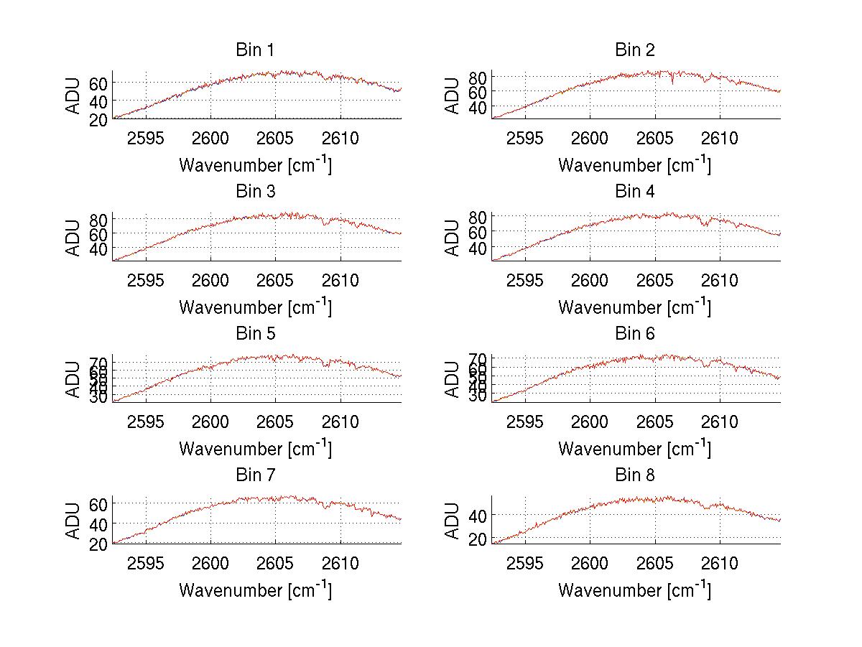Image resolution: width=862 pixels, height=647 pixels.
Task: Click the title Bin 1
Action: (x=254, y=50)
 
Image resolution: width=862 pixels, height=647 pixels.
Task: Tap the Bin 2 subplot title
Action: (x=634, y=50)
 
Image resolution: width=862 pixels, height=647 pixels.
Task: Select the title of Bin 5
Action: (x=254, y=334)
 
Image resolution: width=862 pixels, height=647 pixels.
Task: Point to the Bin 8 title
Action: (x=634, y=475)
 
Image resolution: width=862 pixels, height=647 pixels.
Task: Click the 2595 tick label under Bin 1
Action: (x=147, y=138)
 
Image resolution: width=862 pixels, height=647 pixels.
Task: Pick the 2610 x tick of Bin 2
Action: (x=719, y=138)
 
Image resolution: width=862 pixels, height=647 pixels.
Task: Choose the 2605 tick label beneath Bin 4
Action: (x=654, y=280)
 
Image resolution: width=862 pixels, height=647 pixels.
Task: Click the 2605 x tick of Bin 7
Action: (x=275, y=564)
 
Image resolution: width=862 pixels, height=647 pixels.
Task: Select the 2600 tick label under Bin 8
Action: (x=590, y=564)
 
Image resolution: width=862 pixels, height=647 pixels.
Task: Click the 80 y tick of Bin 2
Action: (x=478, y=77)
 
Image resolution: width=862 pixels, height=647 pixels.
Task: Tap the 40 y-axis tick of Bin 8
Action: (x=478, y=516)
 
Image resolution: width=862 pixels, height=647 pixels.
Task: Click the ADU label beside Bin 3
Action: (x=73, y=237)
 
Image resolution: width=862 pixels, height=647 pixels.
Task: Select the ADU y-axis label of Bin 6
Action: (x=453, y=378)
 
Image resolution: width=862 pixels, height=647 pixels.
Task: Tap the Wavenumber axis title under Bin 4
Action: (x=634, y=307)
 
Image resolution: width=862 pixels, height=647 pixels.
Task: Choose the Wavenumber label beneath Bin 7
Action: (x=254, y=590)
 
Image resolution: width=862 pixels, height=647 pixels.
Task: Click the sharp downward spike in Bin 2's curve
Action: (x=672, y=83)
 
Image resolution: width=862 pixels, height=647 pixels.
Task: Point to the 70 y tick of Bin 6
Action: (x=478, y=358)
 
